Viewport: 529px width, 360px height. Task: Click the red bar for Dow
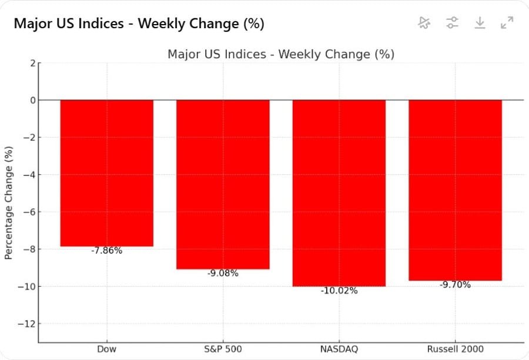click(107, 173)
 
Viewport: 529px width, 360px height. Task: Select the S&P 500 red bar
click(223, 184)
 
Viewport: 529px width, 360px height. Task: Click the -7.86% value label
click(107, 251)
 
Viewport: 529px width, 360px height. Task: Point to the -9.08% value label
click(223, 273)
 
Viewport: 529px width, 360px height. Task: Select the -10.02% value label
click(339, 291)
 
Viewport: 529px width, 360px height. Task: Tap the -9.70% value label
click(455, 285)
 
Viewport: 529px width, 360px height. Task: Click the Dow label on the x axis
click(107, 349)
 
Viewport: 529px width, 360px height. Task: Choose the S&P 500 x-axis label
click(223, 349)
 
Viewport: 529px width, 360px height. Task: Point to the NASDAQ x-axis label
click(339, 349)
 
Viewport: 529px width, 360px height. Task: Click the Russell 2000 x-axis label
click(455, 349)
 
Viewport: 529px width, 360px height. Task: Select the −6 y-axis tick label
click(29, 212)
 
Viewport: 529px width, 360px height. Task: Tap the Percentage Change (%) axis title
click(8, 203)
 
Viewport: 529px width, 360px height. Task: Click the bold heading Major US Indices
click(139, 24)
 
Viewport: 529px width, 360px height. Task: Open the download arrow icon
click(480, 23)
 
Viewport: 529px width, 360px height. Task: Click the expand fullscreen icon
click(507, 23)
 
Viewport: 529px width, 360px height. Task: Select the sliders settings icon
click(451, 23)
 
